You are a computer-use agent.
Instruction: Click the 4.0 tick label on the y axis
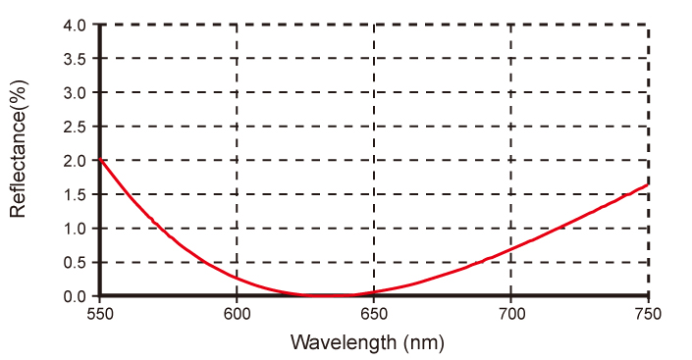pyautogui.click(x=75, y=26)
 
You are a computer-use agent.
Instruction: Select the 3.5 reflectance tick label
pyautogui.click(x=75, y=59)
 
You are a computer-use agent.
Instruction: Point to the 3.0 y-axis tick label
pyautogui.click(x=75, y=92)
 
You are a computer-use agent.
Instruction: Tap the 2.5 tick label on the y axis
pyautogui.click(x=75, y=127)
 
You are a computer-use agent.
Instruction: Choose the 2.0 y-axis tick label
pyautogui.click(x=75, y=161)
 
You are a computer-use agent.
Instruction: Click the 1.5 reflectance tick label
pyautogui.click(x=75, y=194)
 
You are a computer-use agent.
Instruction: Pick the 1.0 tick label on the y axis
pyautogui.click(x=75, y=229)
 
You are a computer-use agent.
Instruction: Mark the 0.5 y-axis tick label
pyautogui.click(x=75, y=263)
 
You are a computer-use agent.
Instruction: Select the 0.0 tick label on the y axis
pyautogui.click(x=75, y=296)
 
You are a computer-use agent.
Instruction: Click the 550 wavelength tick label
pyautogui.click(x=100, y=314)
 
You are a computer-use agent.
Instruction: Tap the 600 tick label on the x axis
pyautogui.click(x=237, y=314)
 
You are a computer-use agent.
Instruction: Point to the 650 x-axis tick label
pyautogui.click(x=374, y=314)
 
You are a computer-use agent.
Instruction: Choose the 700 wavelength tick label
pyautogui.click(x=511, y=314)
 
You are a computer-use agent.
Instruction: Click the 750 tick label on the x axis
pyautogui.click(x=648, y=314)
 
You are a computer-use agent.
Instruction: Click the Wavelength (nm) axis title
pyautogui.click(x=367, y=342)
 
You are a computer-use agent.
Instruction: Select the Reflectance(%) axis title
pyautogui.click(x=19, y=149)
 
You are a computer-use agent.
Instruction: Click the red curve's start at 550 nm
pyautogui.click(x=100, y=159)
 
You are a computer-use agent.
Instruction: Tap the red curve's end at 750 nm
pyautogui.click(x=648, y=184)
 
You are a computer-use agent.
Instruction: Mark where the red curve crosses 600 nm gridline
pyautogui.click(x=237, y=278)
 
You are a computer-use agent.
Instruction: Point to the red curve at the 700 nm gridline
pyautogui.click(x=511, y=249)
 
